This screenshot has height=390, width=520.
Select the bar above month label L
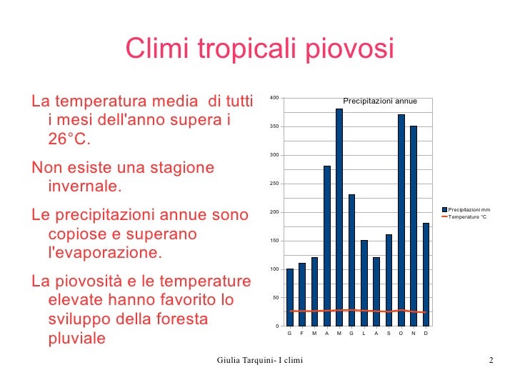tap(364, 281)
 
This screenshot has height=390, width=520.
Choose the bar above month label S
tap(389, 279)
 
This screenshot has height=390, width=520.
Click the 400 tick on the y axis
tap(274, 98)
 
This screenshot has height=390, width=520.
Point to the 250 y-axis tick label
tap(274, 184)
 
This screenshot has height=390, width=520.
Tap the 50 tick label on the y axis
tap(276, 298)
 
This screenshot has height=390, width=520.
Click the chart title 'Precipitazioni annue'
tap(379, 101)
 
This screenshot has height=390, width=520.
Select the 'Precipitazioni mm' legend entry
tap(469, 209)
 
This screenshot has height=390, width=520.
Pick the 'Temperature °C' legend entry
tap(467, 216)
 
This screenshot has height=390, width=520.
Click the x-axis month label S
tap(389, 334)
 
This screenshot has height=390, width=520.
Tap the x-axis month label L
tap(364, 334)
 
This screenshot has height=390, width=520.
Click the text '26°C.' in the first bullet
tap(70, 138)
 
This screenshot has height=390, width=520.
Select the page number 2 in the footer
tap(491, 360)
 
